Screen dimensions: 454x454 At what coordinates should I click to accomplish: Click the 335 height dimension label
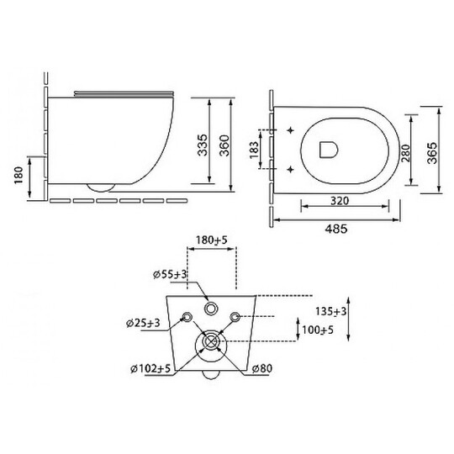[x=203, y=145]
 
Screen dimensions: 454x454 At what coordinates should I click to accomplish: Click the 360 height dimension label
[x=224, y=145]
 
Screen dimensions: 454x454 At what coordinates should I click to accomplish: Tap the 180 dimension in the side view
[x=18, y=175]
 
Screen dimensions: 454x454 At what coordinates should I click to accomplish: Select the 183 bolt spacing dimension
[x=254, y=150]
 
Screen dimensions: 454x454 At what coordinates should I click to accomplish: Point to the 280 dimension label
[x=405, y=153]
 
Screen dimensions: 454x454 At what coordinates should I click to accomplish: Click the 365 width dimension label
[x=432, y=153]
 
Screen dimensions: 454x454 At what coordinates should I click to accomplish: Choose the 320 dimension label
[x=340, y=201]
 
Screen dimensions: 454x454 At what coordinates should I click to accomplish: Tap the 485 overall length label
[x=335, y=229]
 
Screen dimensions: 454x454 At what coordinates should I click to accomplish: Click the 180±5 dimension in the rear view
[x=212, y=240]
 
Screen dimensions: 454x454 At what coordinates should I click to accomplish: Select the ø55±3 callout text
[x=170, y=274]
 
